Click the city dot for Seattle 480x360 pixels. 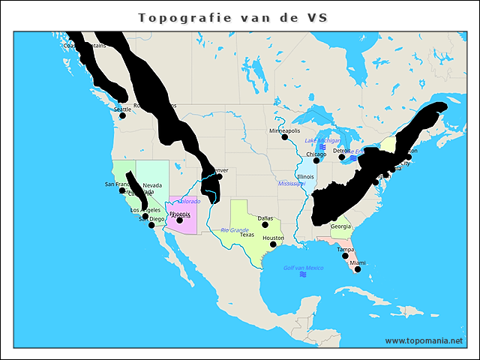click(122, 115)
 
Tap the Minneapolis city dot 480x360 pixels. click(285, 136)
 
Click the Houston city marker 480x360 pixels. click(273, 244)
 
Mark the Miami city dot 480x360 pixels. click(358, 269)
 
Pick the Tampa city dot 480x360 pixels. click(345, 256)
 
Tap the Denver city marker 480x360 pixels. click(219, 177)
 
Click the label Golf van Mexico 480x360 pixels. click(303, 268)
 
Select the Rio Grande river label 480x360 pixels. click(234, 229)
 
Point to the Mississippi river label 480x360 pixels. click(291, 183)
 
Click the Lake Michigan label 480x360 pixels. click(322, 140)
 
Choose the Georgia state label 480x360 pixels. click(340, 226)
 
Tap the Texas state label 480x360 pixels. click(247, 235)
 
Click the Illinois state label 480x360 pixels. click(306, 177)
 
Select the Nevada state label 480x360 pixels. click(152, 185)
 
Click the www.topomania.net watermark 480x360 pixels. click(424, 340)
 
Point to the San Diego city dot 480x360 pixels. click(151, 225)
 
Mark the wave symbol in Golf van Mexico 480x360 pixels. click(303, 275)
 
